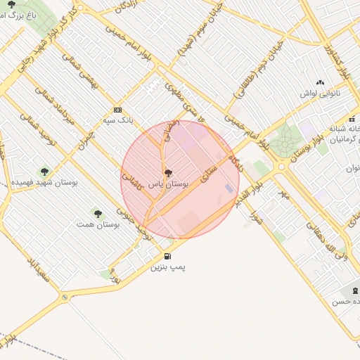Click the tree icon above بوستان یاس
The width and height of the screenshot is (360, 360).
point(167,172)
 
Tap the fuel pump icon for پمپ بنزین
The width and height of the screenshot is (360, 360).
point(167,256)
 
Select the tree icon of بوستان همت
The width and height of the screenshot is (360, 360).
point(97,213)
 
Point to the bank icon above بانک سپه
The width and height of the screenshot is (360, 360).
point(117,110)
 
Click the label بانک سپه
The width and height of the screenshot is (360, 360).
point(117,120)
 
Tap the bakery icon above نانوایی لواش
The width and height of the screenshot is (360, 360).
point(320,83)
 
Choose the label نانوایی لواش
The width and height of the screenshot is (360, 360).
point(320,94)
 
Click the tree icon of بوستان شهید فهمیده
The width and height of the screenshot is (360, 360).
point(44,171)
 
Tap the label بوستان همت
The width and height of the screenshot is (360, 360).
point(98,224)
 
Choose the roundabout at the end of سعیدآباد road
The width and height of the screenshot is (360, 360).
point(65,298)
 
